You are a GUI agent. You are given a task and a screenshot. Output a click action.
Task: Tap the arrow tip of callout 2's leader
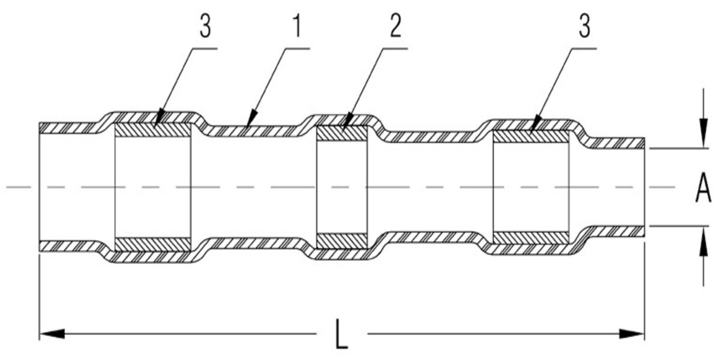343,128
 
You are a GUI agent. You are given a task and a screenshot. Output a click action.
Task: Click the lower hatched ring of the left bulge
153,244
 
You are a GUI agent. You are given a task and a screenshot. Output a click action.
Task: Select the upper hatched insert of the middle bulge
342,133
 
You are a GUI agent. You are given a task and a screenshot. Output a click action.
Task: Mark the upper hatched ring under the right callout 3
530,136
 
